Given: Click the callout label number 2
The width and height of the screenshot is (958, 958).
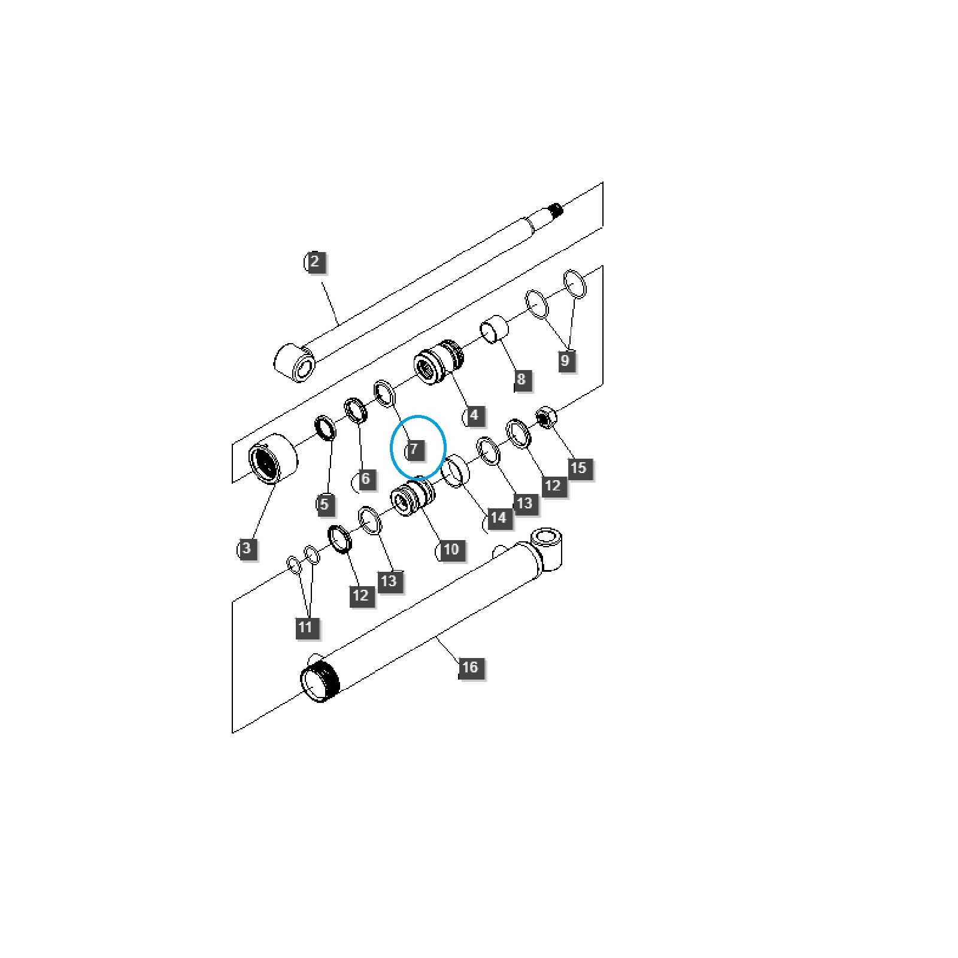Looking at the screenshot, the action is click(x=315, y=262).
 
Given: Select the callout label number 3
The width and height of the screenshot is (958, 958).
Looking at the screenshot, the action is click(x=247, y=548).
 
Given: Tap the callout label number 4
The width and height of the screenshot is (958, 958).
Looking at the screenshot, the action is click(x=475, y=415).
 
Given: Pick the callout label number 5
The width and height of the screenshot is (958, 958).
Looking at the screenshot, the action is click(x=324, y=504).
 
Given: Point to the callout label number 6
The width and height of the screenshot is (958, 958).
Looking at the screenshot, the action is click(x=365, y=478).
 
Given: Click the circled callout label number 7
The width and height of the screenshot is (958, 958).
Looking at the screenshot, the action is click(x=414, y=449).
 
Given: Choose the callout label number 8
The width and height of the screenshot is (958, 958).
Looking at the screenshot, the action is click(x=521, y=378).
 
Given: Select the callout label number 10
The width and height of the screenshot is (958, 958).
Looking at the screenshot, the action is click(x=450, y=548).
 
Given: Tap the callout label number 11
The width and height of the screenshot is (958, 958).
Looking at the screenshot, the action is click(x=305, y=626).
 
